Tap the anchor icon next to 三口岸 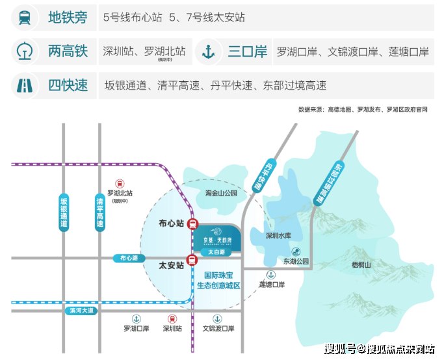pyautogui.click(x=208, y=52)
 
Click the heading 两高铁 pyautogui.click(x=68, y=52)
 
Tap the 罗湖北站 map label pyautogui.click(x=120, y=193)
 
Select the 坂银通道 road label pyautogui.click(x=63, y=211)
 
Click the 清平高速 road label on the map pyautogui.click(x=99, y=211)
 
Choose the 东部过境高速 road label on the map pyautogui.click(x=329, y=182)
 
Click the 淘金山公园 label pyautogui.click(x=222, y=193)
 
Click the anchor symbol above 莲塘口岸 pyautogui.click(x=271, y=275)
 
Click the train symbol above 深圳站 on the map pyautogui.click(x=172, y=318)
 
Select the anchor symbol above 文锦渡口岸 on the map pyautogui.click(x=218, y=318)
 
